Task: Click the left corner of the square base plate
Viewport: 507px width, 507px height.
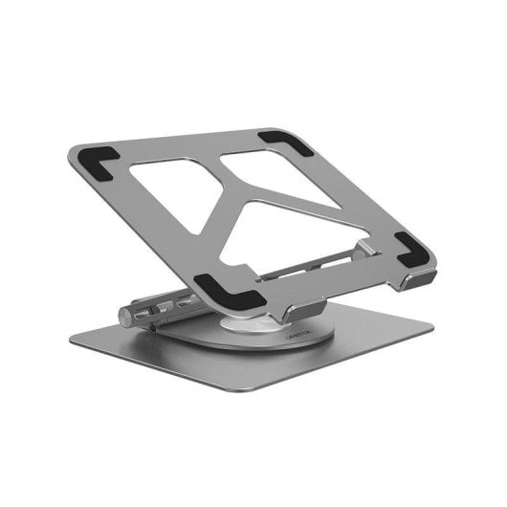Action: tap(75, 337)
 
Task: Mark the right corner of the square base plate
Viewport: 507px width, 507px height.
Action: tap(430, 325)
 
